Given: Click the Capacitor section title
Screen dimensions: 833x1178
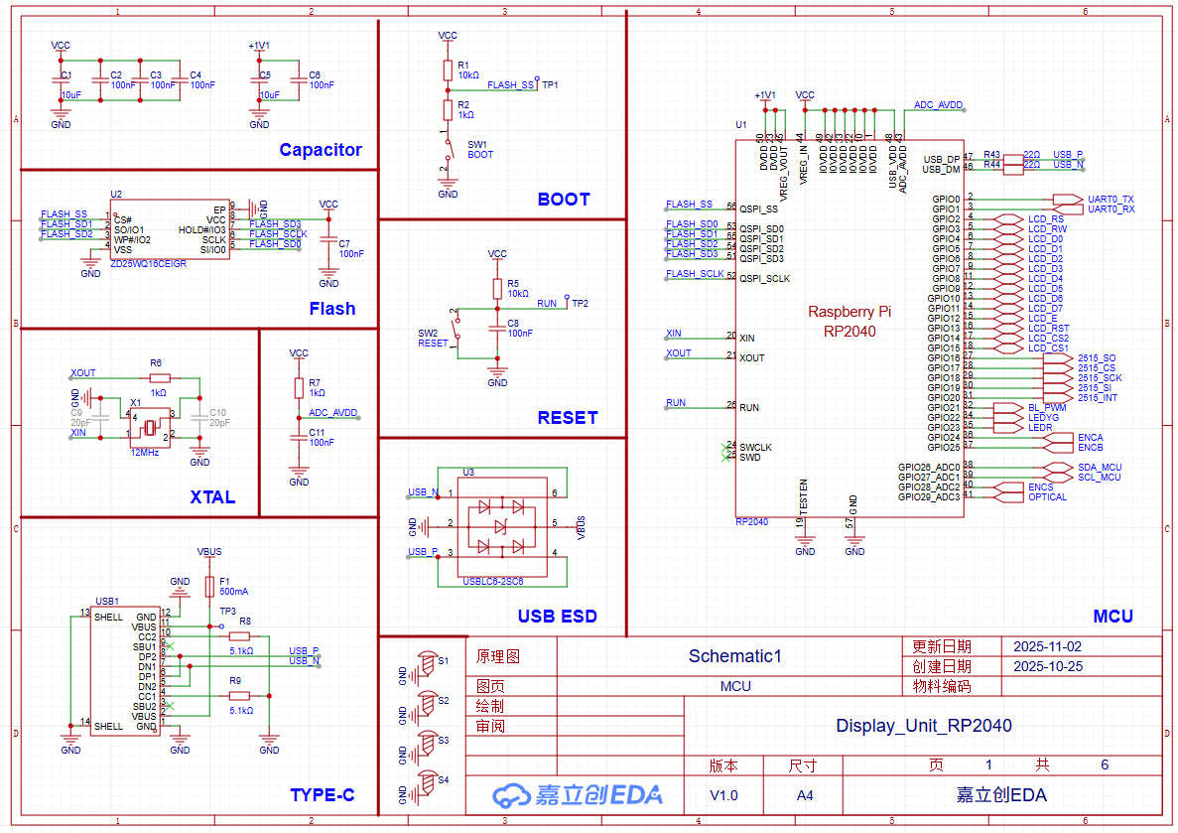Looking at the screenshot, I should (321, 150).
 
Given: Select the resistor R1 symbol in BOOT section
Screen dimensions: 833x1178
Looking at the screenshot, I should (448, 69).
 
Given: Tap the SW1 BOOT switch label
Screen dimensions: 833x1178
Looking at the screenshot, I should (480, 150).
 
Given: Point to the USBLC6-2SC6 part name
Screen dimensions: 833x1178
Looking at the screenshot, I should (493, 582).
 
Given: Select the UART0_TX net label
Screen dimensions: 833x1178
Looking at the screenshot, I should (1111, 200).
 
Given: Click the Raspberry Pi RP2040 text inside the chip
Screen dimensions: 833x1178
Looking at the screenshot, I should (849, 321).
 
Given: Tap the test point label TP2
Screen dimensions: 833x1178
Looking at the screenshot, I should (580, 304).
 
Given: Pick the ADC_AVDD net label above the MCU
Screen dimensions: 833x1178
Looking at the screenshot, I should (938, 104).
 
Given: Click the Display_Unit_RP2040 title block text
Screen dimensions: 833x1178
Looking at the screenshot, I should (923, 726).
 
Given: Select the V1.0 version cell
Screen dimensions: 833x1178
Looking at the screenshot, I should (723, 795).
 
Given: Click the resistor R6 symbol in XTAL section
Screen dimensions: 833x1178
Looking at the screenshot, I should (160, 377).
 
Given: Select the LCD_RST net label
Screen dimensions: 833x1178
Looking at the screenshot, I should (1048, 329).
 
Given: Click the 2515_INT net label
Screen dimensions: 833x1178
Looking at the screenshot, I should (1097, 398).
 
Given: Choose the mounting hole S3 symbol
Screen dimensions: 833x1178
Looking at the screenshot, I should (428, 742).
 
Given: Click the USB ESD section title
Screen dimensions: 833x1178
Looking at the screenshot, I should (557, 617).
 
